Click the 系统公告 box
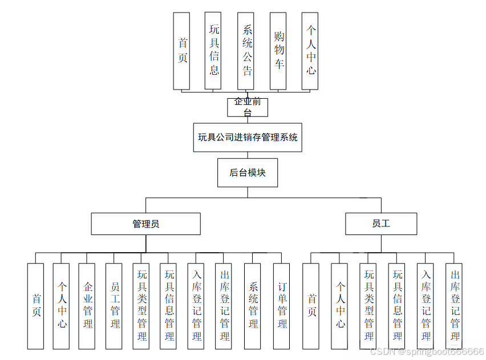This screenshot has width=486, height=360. (x=246, y=51)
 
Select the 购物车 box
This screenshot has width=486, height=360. (x=278, y=51)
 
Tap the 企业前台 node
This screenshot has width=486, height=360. (x=248, y=107)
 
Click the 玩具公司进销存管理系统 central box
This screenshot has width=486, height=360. (x=248, y=137)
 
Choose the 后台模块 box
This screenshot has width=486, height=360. (x=248, y=173)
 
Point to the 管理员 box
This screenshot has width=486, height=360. (x=145, y=224)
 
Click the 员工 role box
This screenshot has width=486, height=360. (x=380, y=224)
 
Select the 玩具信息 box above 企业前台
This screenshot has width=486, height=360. (x=213, y=51)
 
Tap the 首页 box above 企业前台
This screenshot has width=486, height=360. (x=182, y=51)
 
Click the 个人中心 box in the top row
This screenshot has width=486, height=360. (x=310, y=51)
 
